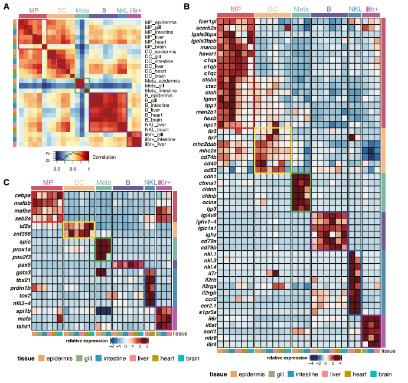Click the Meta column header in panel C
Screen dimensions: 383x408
click(x=103, y=183)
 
